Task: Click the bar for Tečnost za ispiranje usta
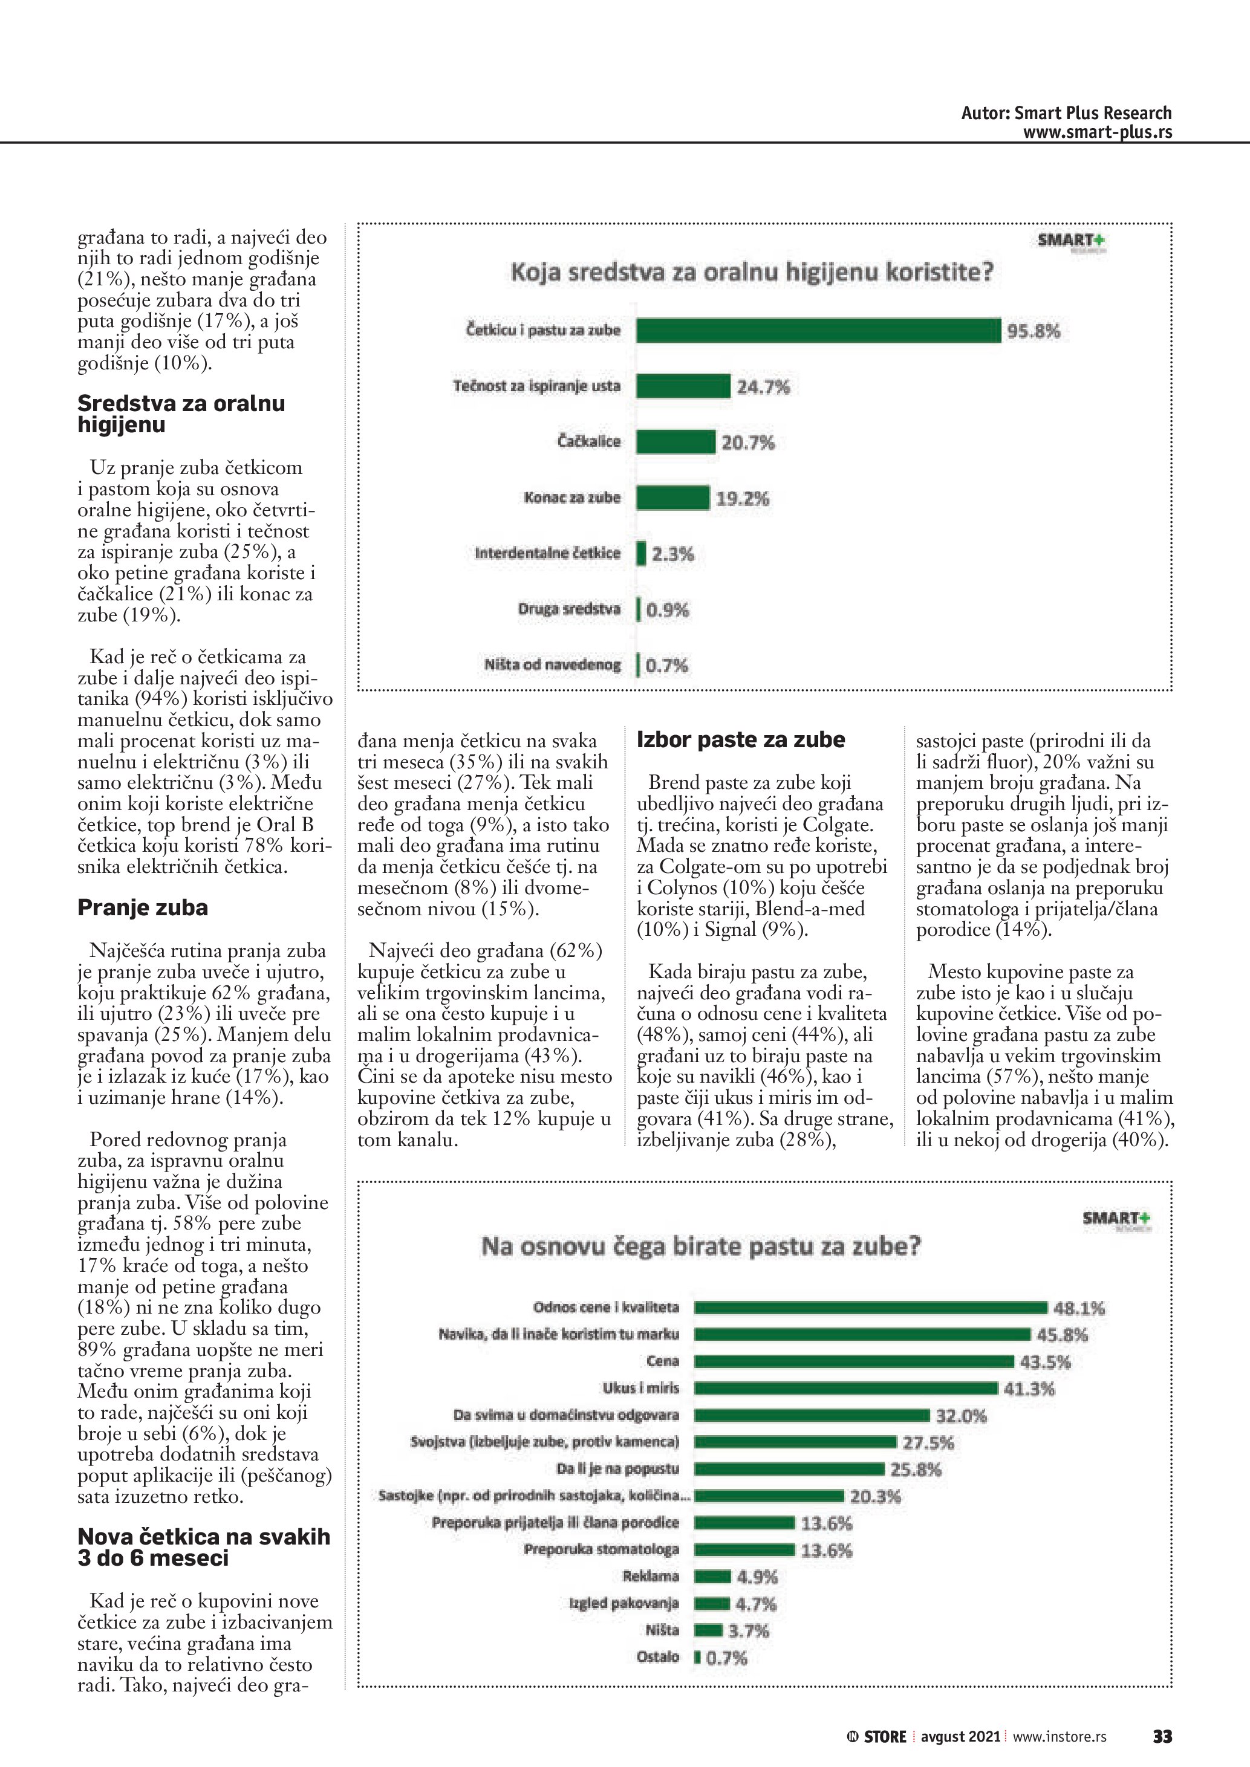tap(683, 386)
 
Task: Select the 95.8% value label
tap(1033, 332)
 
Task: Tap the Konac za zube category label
tap(572, 498)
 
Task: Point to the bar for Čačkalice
tap(675, 442)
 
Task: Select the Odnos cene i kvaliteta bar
tap(871, 1308)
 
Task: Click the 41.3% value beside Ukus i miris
tap(1029, 1389)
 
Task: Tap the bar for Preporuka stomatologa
tap(744, 1550)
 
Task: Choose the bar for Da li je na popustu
tap(790, 1469)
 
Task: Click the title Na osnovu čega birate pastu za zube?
tap(700, 1247)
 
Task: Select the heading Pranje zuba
tap(142, 908)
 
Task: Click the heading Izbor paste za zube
tap(740, 741)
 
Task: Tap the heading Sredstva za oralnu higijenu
tap(181, 414)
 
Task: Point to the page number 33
tap(1162, 1737)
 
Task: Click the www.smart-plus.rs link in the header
tap(1097, 132)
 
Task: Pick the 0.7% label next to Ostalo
tap(727, 1658)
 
